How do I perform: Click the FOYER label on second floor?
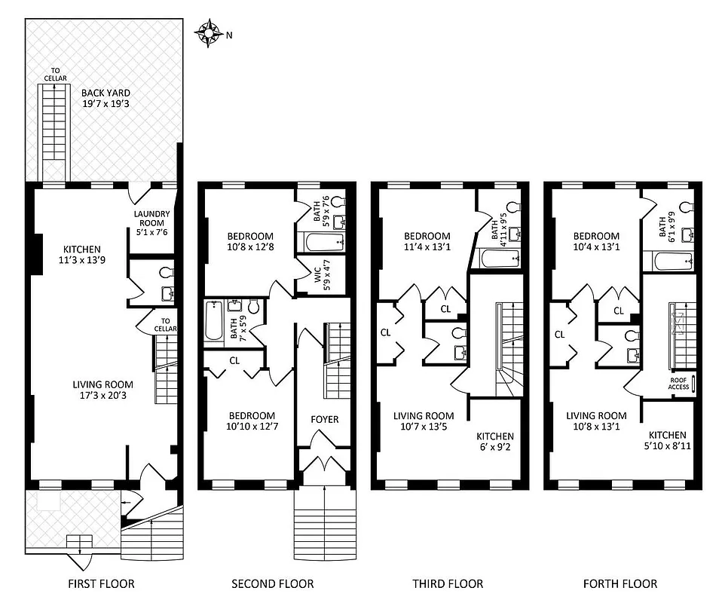tap(325, 419)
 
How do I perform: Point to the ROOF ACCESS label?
tap(678, 383)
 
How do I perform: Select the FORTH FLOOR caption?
tap(619, 583)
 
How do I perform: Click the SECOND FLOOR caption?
tap(272, 583)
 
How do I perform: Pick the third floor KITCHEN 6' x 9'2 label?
tap(495, 442)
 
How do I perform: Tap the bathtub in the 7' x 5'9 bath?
tap(212, 322)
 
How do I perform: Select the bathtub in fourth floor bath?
tap(669, 262)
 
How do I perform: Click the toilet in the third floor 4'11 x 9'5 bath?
tap(512, 207)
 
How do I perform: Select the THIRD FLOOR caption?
tap(448, 583)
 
